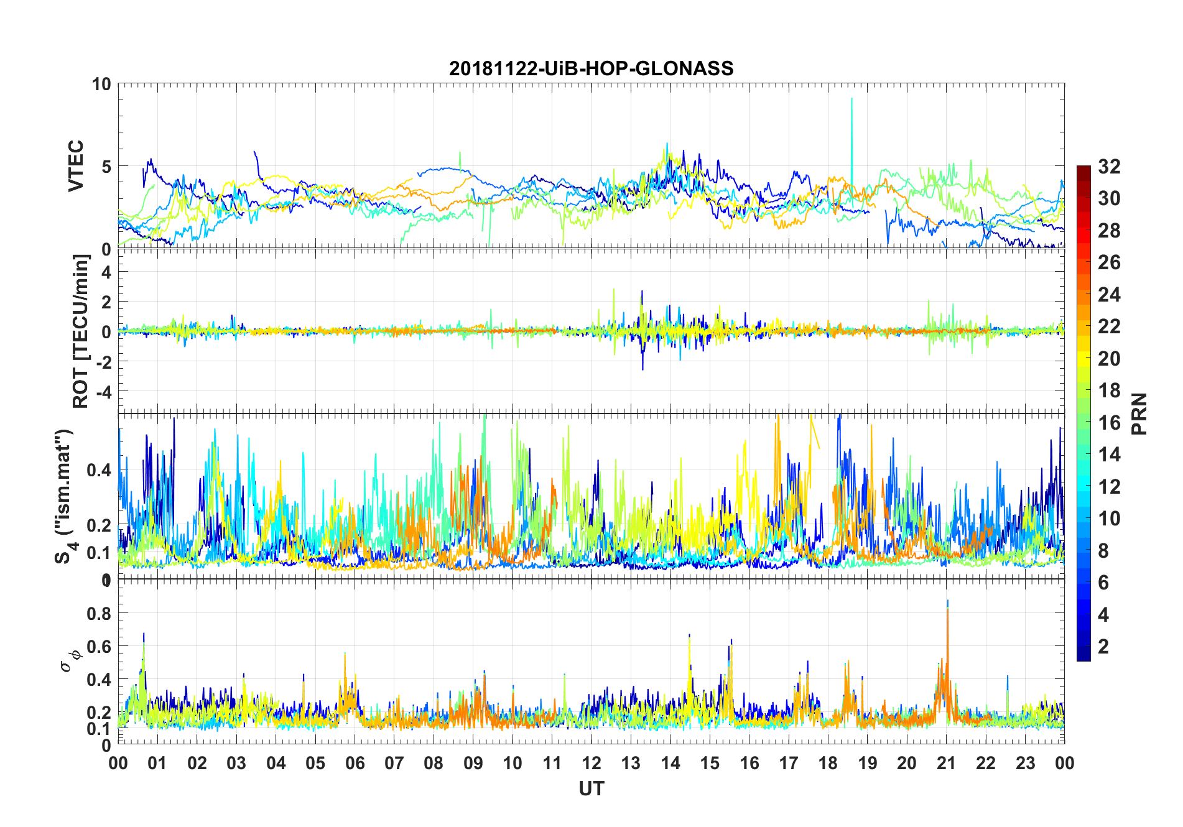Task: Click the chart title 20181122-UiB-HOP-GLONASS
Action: [x=591, y=68]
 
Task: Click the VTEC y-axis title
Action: [x=75, y=166]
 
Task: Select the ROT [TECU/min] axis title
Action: [x=80, y=331]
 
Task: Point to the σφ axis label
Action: [x=70, y=660]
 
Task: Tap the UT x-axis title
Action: [x=591, y=788]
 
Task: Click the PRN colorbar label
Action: [x=1139, y=413]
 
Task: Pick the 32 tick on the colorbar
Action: [x=1109, y=167]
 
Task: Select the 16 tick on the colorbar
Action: [x=1109, y=423]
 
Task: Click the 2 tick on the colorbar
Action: [x=1103, y=647]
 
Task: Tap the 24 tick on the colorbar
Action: [x=1109, y=295]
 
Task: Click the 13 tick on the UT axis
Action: [x=631, y=763]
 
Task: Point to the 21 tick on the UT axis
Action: [x=946, y=763]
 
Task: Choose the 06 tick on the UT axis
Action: [x=355, y=763]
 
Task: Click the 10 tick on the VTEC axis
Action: [x=101, y=85]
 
